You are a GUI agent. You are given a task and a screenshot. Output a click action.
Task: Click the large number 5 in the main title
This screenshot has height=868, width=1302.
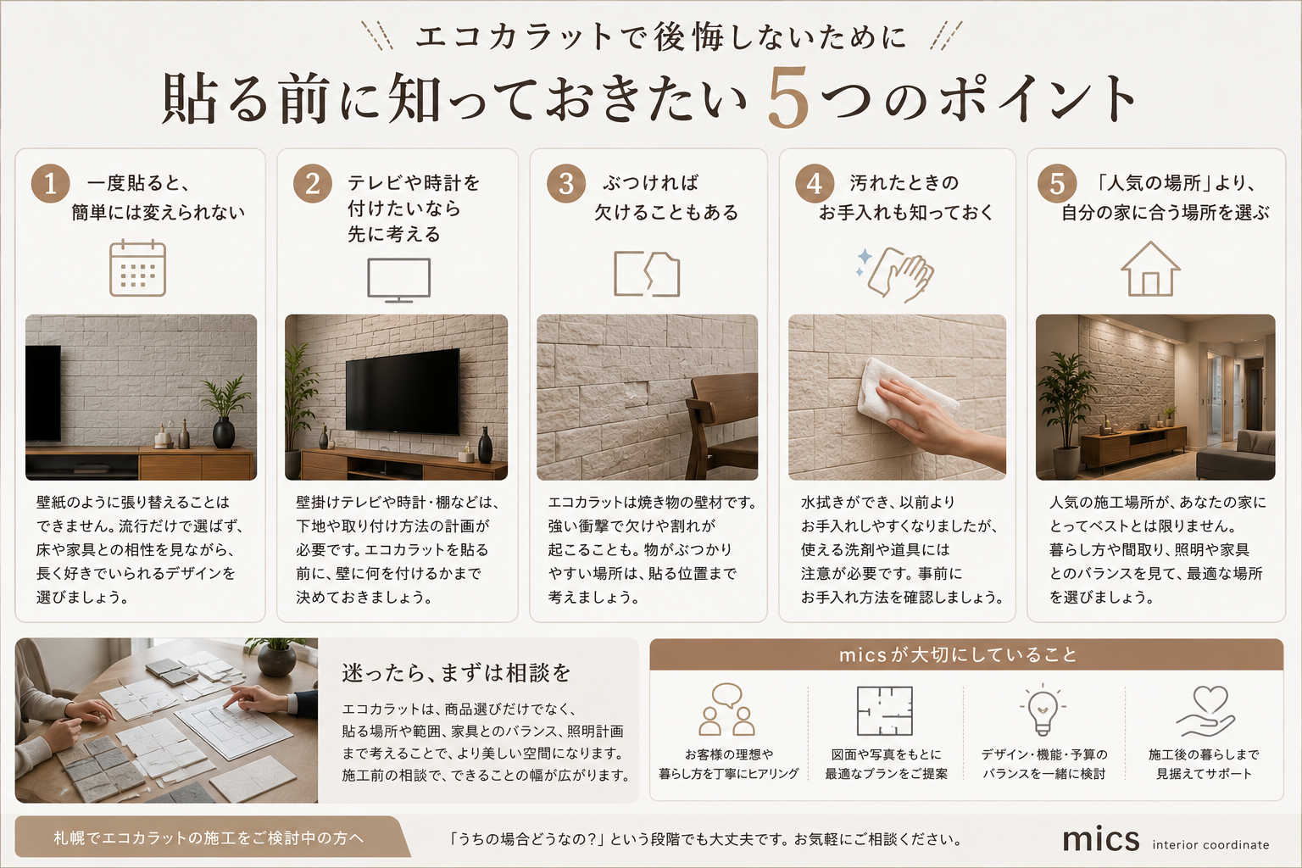click(787, 97)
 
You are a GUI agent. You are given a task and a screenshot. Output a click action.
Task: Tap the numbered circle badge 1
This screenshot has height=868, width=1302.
click(51, 183)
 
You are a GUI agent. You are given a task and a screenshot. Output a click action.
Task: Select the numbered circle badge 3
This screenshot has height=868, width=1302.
click(565, 183)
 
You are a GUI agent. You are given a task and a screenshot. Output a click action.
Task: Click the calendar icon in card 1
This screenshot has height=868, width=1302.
click(138, 268)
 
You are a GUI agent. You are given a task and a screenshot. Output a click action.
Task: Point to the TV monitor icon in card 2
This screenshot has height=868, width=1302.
click(398, 281)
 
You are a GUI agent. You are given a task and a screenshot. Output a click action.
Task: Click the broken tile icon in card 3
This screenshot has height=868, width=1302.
click(647, 274)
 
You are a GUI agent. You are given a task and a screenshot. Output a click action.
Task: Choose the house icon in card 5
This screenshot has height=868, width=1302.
click(1150, 270)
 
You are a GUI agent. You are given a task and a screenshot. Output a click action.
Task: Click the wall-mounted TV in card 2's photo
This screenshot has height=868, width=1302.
click(403, 392)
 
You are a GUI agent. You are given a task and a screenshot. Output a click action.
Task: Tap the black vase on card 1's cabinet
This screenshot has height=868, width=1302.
click(224, 432)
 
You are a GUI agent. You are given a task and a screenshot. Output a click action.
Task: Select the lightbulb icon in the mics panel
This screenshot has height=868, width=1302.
click(1043, 709)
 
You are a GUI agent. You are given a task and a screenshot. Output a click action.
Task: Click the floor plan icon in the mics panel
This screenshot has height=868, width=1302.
click(885, 710)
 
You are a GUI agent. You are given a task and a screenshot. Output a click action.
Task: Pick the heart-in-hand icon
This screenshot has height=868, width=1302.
click(1205, 711)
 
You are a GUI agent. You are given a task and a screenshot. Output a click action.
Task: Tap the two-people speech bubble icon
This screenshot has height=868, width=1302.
click(726, 709)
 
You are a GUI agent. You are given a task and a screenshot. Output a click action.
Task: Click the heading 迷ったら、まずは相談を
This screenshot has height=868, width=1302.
click(456, 673)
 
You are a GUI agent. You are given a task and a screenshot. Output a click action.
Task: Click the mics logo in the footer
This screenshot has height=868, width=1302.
click(1101, 839)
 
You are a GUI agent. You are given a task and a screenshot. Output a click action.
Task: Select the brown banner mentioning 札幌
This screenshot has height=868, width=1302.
click(212, 837)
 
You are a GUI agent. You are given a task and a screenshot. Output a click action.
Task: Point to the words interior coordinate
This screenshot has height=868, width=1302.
click(1210, 845)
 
